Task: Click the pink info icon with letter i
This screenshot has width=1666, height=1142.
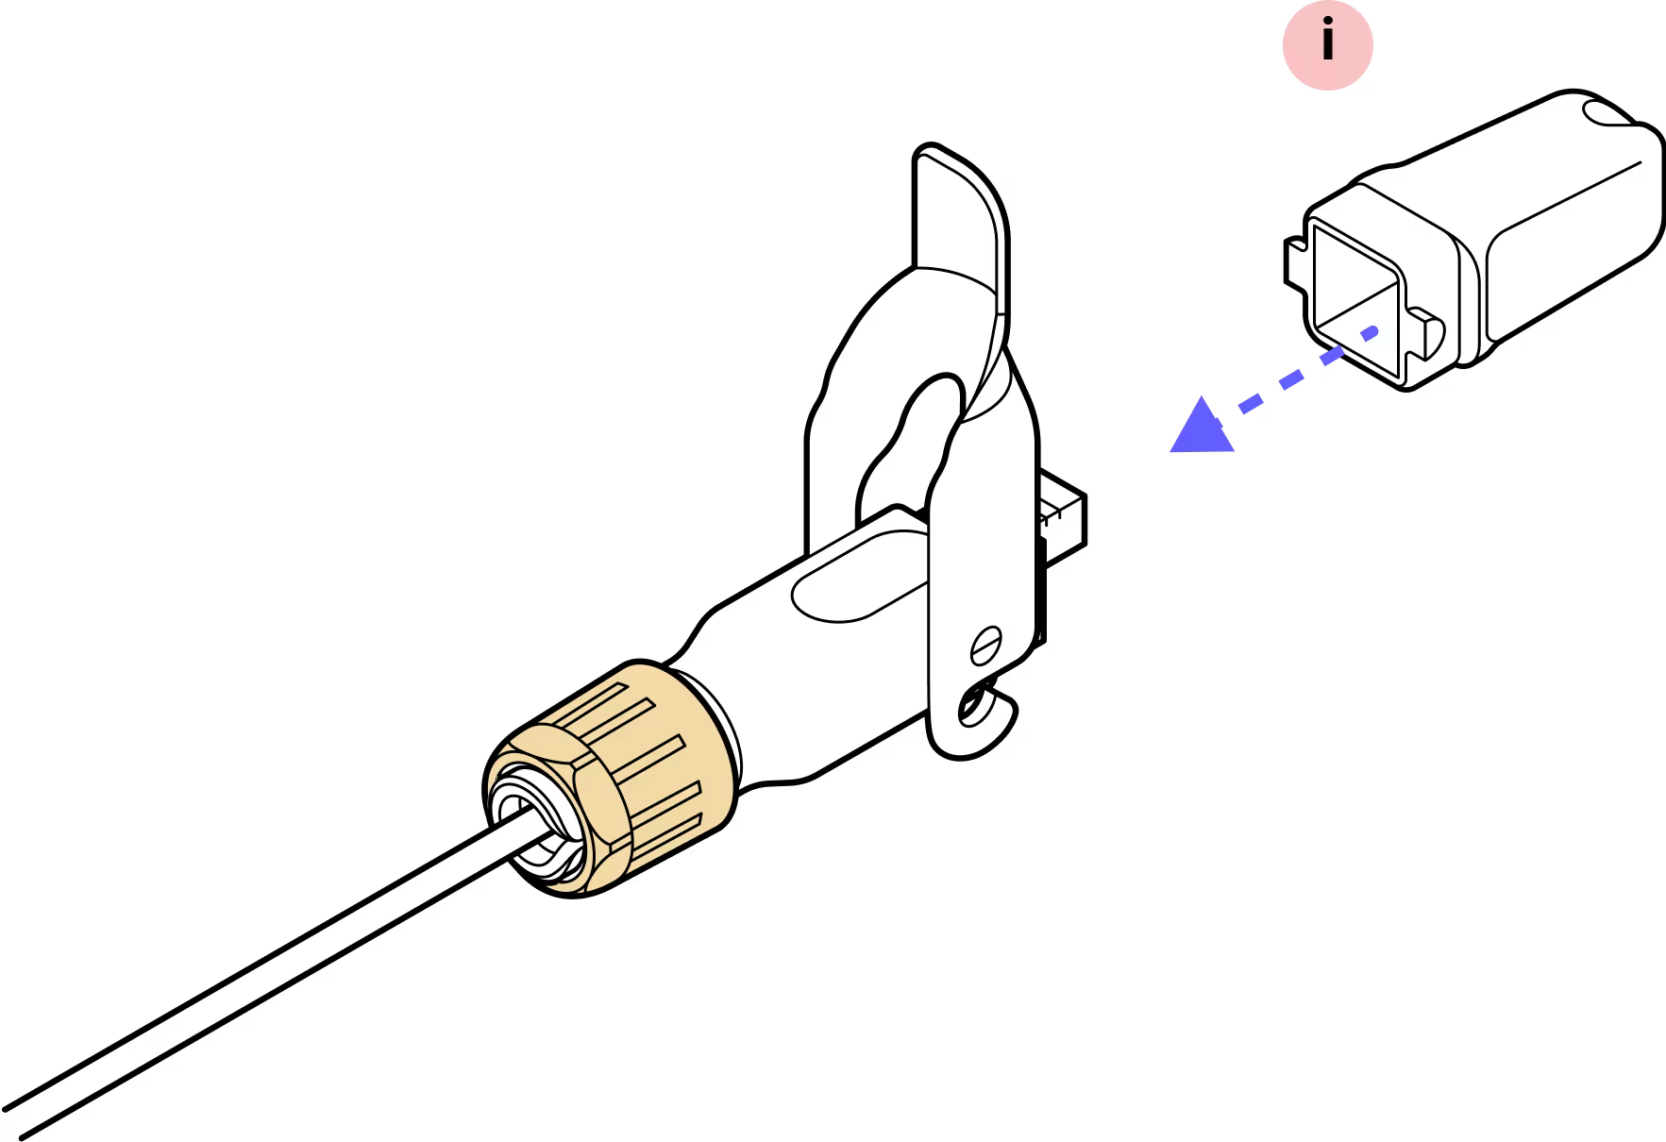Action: (1327, 44)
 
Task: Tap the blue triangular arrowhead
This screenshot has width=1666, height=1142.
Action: (1201, 429)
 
